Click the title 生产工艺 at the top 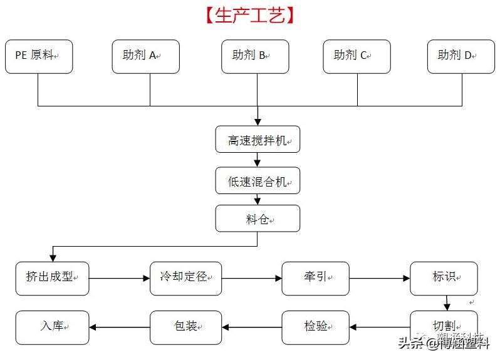(x=249, y=16)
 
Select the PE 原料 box (x=39, y=56)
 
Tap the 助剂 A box (x=146, y=56)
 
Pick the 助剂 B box (x=255, y=56)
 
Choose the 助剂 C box (x=357, y=56)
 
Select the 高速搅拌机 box (x=258, y=140)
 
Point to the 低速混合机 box (x=258, y=181)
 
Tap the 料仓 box (x=258, y=219)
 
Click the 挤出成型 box (x=52, y=278)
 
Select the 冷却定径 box (x=186, y=278)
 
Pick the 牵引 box (x=315, y=278)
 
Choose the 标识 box (x=444, y=278)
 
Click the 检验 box (x=315, y=327)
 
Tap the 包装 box (x=186, y=327)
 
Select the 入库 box (x=52, y=327)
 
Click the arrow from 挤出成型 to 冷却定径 (x=119, y=278)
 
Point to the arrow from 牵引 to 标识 (x=379, y=278)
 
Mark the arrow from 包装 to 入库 (x=119, y=327)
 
